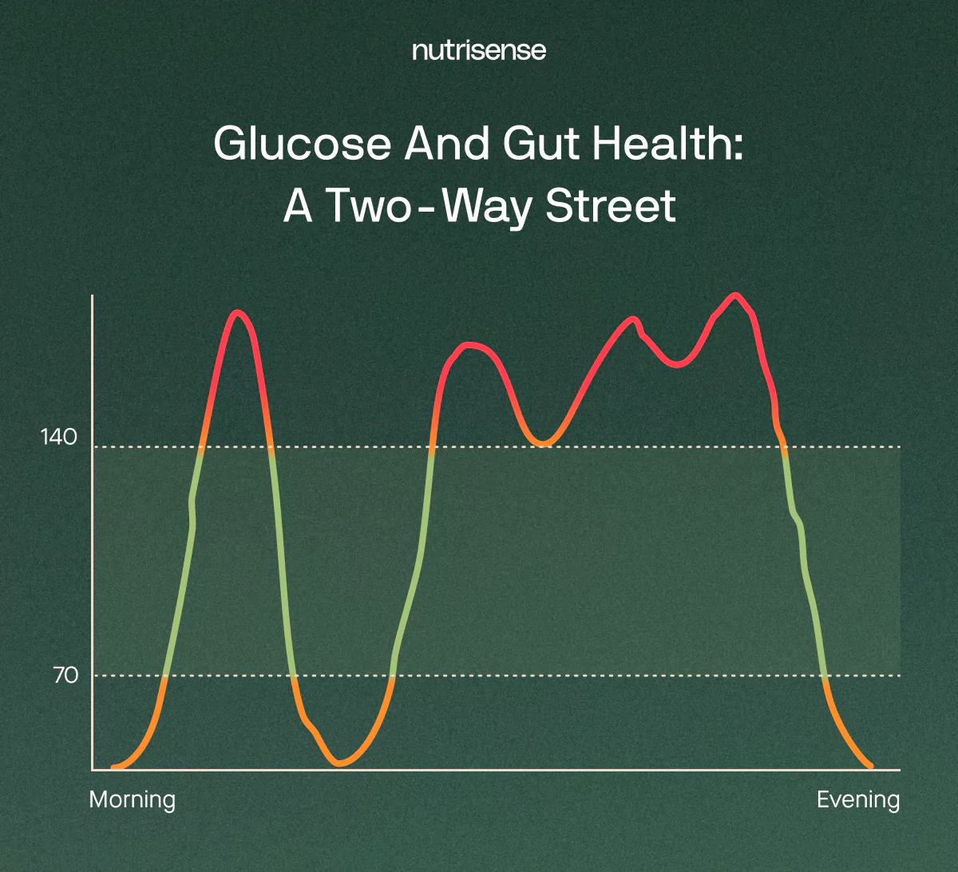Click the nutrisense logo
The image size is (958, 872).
click(x=479, y=50)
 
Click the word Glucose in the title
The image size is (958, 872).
click(x=303, y=144)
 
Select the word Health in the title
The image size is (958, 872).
click(x=668, y=144)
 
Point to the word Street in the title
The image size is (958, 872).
click(x=611, y=206)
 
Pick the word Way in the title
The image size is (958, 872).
click(x=486, y=208)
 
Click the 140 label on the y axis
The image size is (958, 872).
click(x=59, y=437)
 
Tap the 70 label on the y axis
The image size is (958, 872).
click(x=66, y=675)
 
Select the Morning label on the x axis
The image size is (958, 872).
click(x=132, y=799)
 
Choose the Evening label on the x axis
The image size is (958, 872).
click(x=858, y=799)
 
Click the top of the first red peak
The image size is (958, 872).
click(x=237, y=312)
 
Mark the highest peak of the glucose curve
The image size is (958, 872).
click(x=735, y=295)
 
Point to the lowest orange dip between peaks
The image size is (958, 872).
click(x=340, y=763)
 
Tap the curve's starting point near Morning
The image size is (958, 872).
click(x=113, y=767)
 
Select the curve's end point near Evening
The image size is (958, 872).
click(x=870, y=767)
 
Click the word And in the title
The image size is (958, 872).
click(x=447, y=144)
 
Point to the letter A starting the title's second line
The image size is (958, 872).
click(x=297, y=206)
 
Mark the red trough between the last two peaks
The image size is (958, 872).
click(x=677, y=364)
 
